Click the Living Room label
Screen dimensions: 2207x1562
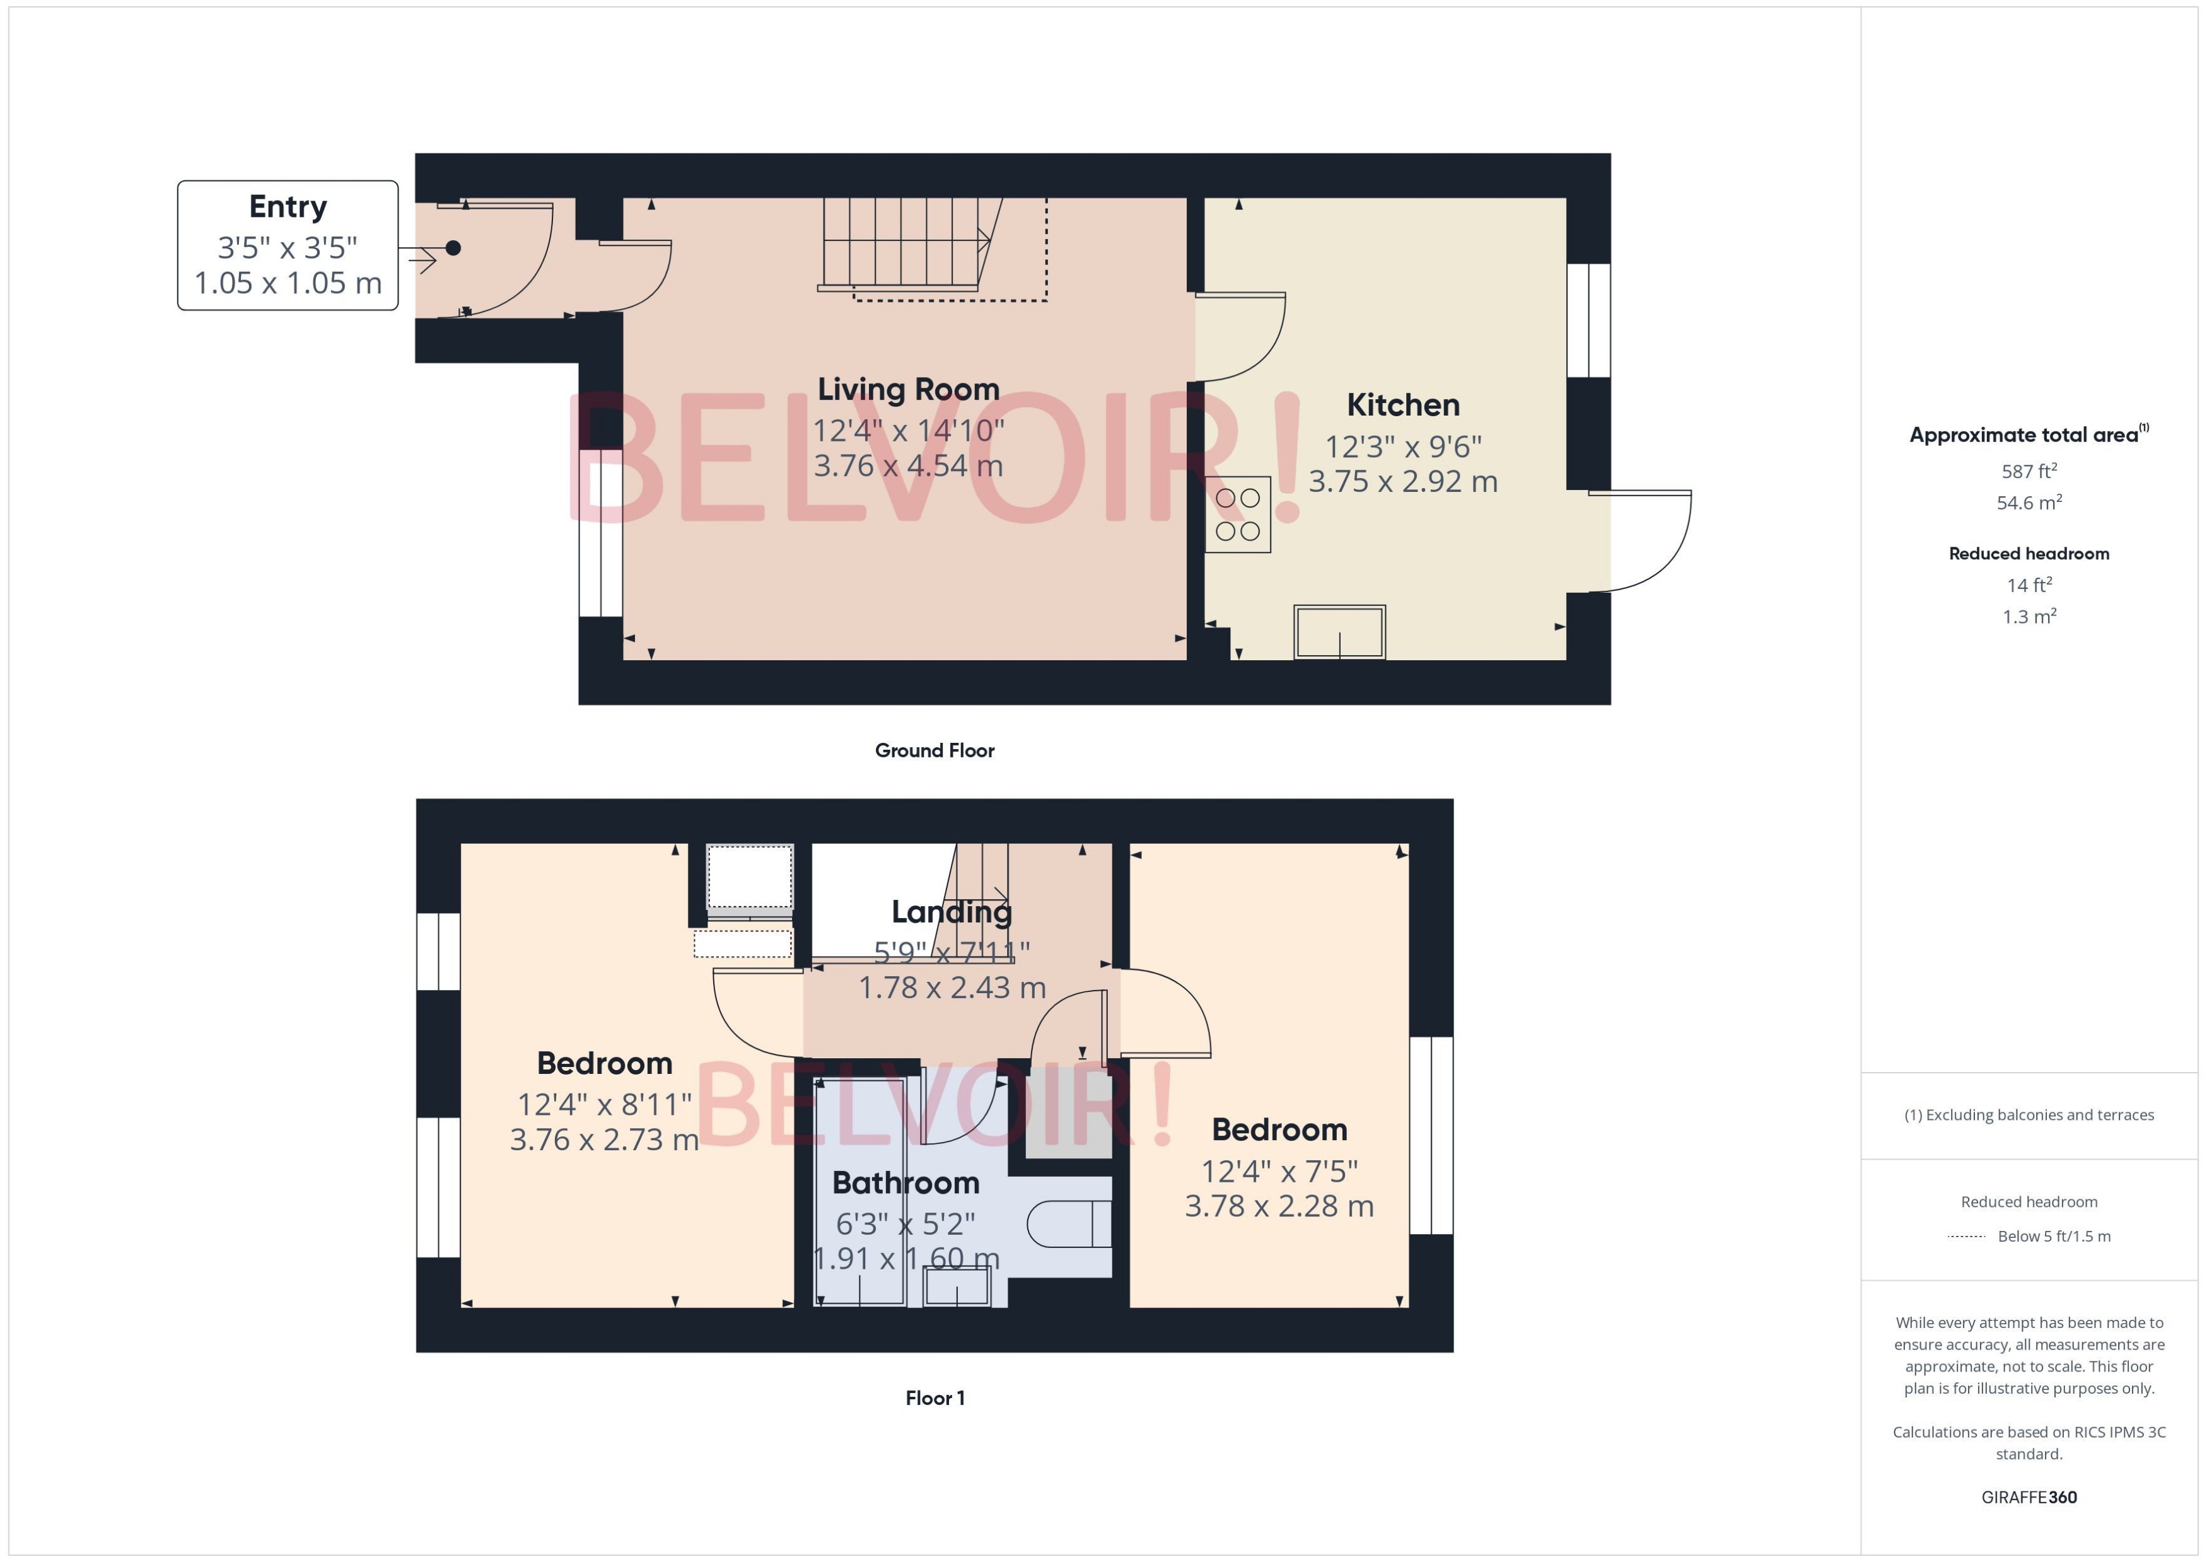[908, 390]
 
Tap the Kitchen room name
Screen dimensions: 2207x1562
[1402, 405]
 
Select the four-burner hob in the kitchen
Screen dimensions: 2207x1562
[1238, 515]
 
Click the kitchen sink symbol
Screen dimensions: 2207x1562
[1339, 632]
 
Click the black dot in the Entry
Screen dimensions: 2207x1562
[453, 248]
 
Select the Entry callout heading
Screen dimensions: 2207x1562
[288, 207]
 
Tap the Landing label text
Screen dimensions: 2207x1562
[951, 911]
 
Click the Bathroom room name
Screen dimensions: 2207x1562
[905, 1182]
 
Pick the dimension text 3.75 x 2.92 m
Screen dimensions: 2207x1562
[1402, 481]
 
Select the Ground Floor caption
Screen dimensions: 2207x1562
[934, 750]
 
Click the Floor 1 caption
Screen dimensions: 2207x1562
[934, 1397]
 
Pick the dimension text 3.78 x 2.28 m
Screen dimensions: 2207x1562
[1278, 1206]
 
